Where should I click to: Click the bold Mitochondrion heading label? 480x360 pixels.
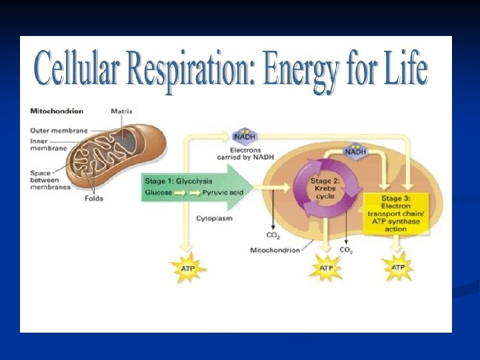[57, 111]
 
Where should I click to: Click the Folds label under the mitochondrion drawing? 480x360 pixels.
[94, 198]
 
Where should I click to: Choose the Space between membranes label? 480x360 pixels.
[45, 179]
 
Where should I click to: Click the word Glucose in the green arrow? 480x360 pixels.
[159, 192]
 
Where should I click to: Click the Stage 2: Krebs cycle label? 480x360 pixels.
[326, 188]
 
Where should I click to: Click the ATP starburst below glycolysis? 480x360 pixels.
[188, 268]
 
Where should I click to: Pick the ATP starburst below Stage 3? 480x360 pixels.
[397, 268]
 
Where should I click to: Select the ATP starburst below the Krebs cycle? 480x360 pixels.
[325, 269]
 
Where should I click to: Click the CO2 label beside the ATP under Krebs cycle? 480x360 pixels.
[346, 250]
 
